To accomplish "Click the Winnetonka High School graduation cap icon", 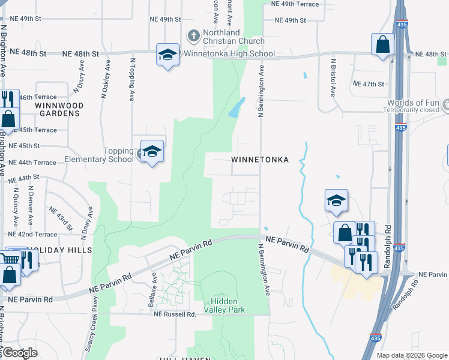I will click(x=167, y=55).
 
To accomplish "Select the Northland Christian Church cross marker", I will click(x=193, y=36).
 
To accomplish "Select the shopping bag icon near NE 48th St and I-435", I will click(x=382, y=45).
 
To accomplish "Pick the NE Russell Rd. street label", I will click(x=175, y=314).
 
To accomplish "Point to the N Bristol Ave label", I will click(x=333, y=77).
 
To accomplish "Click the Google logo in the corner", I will click(x=20, y=353).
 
